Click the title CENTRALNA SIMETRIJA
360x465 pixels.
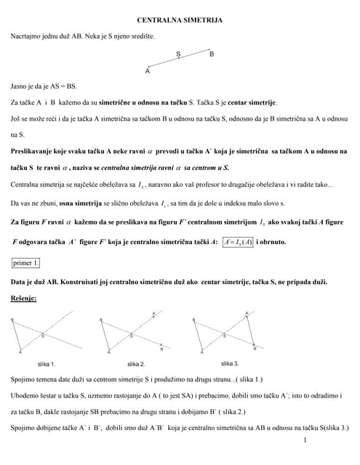[180, 23]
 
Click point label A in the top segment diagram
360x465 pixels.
[148, 71]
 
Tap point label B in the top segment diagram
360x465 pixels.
[212, 54]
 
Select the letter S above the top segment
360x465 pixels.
[179, 53]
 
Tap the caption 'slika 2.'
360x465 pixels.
[136, 363]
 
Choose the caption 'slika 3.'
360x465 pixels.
[230, 363]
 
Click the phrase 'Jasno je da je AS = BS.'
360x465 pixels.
[44, 85]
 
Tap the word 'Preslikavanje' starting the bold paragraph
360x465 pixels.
[33, 151]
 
